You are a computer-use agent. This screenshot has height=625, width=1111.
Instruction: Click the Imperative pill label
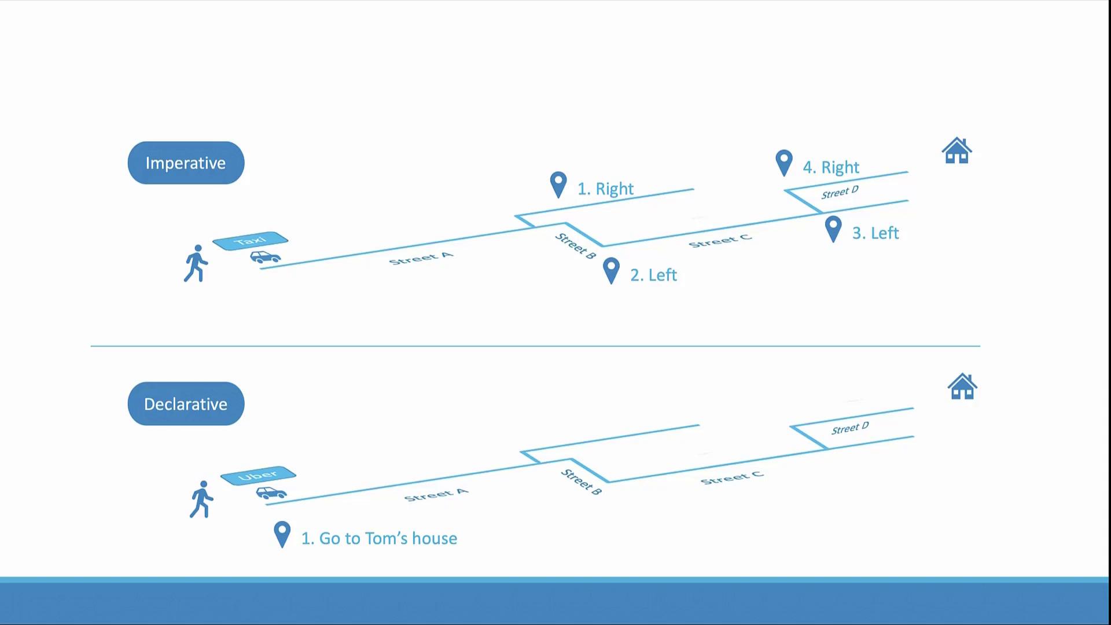coord(186,163)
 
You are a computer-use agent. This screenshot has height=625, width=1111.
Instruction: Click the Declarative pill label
coord(186,404)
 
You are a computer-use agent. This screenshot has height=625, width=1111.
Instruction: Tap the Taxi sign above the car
coord(250,241)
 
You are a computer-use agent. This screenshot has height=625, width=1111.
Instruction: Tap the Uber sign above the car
coord(258,476)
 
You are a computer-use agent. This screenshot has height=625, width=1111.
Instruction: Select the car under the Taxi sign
coord(266,257)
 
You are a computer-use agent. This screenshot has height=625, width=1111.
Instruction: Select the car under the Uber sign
coord(271,493)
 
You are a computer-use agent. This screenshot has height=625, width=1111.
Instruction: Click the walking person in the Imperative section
coord(196,263)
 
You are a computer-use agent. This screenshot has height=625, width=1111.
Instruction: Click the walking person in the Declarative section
coord(201,499)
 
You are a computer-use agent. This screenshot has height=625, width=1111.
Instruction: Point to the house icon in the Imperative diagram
coord(957,150)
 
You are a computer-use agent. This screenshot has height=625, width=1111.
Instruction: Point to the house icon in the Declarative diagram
coord(962,386)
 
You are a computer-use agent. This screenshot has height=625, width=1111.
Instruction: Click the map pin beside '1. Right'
coord(558,185)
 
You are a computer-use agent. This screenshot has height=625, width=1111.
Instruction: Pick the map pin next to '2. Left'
coord(611,271)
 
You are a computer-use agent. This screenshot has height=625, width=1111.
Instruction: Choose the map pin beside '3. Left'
coord(833,229)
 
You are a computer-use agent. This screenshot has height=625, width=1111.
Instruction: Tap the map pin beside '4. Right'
coord(784,163)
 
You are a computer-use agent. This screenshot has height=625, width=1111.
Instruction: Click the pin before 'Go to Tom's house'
coord(282,535)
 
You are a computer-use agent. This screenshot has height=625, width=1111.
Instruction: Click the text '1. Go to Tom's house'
coord(379,539)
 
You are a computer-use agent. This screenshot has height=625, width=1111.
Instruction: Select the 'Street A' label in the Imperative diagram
coord(421,259)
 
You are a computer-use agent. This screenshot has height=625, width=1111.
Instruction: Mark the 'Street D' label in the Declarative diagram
coord(850,428)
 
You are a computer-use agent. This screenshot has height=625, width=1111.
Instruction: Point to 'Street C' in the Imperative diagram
coord(720,241)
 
